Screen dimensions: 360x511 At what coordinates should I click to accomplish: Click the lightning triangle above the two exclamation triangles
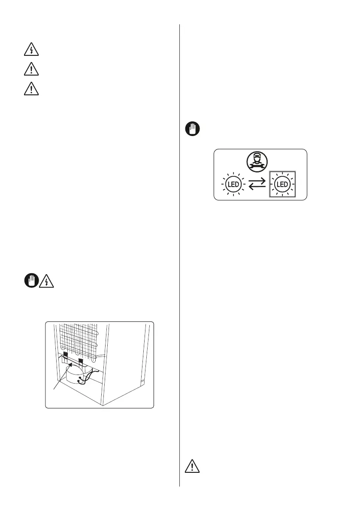(x=31, y=50)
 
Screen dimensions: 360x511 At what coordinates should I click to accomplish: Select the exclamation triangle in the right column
(x=191, y=466)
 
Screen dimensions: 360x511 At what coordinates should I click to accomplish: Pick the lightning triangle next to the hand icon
(x=45, y=281)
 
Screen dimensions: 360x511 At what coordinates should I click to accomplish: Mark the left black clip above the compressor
(x=65, y=355)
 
